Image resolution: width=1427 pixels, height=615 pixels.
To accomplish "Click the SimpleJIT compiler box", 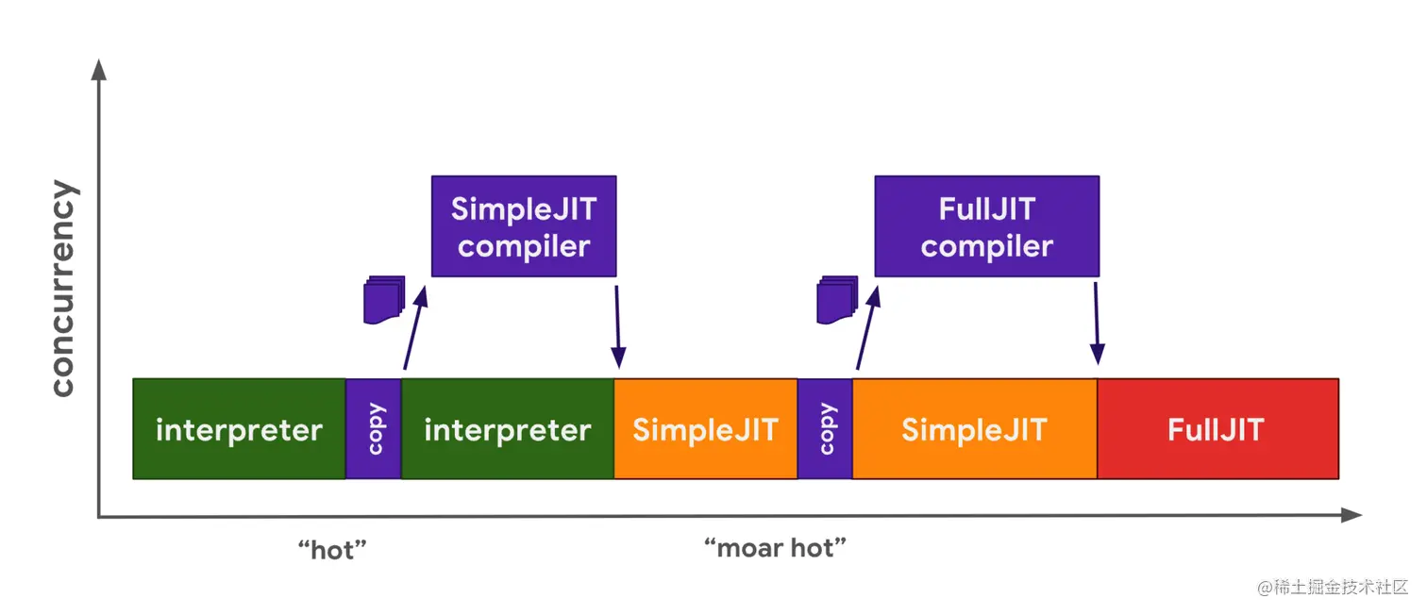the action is coord(524,226).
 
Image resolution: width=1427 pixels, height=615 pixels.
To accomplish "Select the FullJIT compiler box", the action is coord(987,226).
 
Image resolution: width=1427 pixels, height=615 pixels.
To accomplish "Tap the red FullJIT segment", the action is coord(1218,428).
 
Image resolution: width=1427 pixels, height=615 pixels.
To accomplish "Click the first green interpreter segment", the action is coord(240,428).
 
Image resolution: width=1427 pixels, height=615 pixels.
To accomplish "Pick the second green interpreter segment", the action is coord(508,428).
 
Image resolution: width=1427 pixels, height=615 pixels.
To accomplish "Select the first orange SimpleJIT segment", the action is coord(706,428).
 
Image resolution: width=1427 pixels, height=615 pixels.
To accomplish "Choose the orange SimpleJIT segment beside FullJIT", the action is coord(975,428).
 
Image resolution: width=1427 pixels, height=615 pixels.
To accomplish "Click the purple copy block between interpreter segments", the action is coord(374,428).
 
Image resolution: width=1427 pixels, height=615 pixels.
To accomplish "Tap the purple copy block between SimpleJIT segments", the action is coord(825,428).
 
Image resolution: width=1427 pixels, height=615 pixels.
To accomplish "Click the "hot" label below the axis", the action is coord(332,549).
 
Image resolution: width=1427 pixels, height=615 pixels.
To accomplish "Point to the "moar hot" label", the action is coord(775,547).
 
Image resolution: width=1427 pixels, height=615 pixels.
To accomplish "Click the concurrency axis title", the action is coord(63,289).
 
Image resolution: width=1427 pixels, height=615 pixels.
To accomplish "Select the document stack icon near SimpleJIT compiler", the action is coord(384,299).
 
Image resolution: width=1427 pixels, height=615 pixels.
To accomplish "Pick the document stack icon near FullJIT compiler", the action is coord(837,299).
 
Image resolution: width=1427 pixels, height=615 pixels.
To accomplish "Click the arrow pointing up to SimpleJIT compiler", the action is coord(415,328).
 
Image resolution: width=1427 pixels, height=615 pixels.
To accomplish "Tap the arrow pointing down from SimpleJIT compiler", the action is coord(617,326).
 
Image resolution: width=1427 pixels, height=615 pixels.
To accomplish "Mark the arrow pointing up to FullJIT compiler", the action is coord(868,328).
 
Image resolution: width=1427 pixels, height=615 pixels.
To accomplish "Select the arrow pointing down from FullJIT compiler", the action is coord(1097,324).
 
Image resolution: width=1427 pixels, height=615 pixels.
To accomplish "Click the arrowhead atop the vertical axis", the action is coord(99,70).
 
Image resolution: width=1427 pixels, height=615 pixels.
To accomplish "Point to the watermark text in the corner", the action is coord(1333,587).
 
